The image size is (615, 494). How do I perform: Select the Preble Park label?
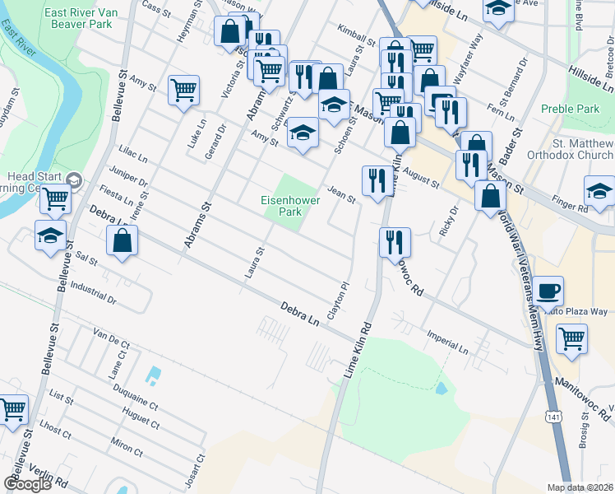(x=571, y=109)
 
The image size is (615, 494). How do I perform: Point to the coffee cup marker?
(x=548, y=291)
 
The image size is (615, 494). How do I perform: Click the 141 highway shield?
(x=551, y=417)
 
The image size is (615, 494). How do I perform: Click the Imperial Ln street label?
(x=447, y=343)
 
